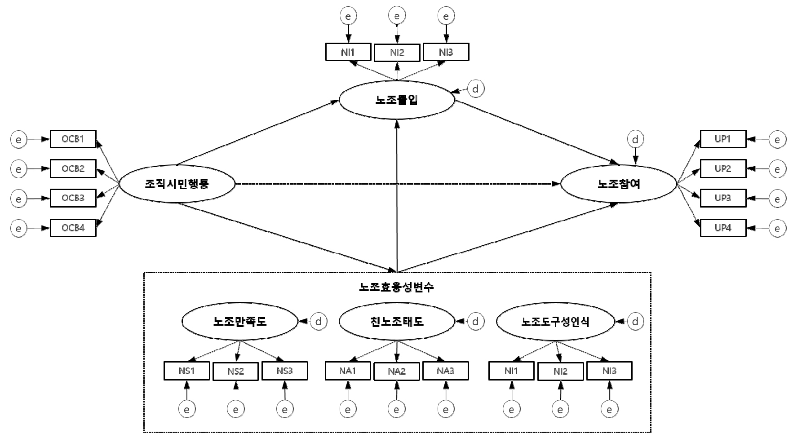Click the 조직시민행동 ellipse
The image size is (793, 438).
point(177,184)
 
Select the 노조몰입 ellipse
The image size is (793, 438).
point(397,100)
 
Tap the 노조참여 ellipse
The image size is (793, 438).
point(619,184)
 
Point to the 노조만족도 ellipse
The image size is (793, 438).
point(239,322)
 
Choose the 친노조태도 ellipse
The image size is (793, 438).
point(397,322)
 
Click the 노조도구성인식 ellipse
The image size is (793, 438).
point(555,322)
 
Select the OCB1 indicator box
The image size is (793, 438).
point(73,139)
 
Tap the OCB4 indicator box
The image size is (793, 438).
point(73,228)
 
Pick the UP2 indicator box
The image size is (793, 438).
point(723,169)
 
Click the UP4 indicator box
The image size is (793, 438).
point(723,228)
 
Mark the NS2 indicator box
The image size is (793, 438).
point(235,372)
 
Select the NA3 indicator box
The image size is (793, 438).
point(445,371)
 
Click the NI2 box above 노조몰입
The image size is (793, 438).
point(397,53)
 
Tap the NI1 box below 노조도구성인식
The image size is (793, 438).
point(511,371)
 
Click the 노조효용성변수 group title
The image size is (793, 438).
point(397,287)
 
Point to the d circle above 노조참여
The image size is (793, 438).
point(635,140)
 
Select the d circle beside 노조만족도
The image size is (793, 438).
point(319,322)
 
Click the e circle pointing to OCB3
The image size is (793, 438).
point(18,199)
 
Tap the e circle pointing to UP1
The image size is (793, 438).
point(777,140)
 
